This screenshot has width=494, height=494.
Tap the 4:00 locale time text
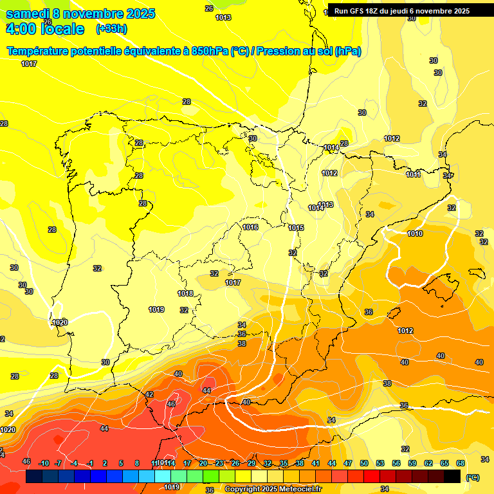pyautogui.click(x=44, y=29)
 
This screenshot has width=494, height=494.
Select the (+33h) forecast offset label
pyautogui.click(x=111, y=29)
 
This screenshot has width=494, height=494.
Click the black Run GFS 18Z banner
pyautogui.click(x=401, y=11)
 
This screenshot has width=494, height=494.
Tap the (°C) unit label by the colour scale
pyautogui.click(x=472, y=477)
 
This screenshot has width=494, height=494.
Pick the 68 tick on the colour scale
pyautogui.click(x=461, y=463)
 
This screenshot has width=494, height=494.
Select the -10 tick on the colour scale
pyautogui.click(x=44, y=463)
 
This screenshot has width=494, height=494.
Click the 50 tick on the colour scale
pyautogui.click(x=364, y=463)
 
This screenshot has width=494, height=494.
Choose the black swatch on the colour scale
pyautogui.click(x=452, y=476)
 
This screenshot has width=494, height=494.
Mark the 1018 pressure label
pyautogui.click(x=185, y=293)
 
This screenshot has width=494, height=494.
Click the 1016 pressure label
pyautogui.click(x=250, y=227)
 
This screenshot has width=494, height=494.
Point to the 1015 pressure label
pyautogui.click(x=296, y=228)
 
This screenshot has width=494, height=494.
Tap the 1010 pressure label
pyautogui.click(x=415, y=233)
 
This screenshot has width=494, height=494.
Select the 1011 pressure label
pyautogui.click(x=413, y=174)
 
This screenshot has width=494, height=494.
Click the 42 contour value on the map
pyautogui.click(x=149, y=394)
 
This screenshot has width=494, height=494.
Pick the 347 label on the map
pyautogui.click(x=448, y=176)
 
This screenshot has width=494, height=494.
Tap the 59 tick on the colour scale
pyautogui.click(x=412, y=463)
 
